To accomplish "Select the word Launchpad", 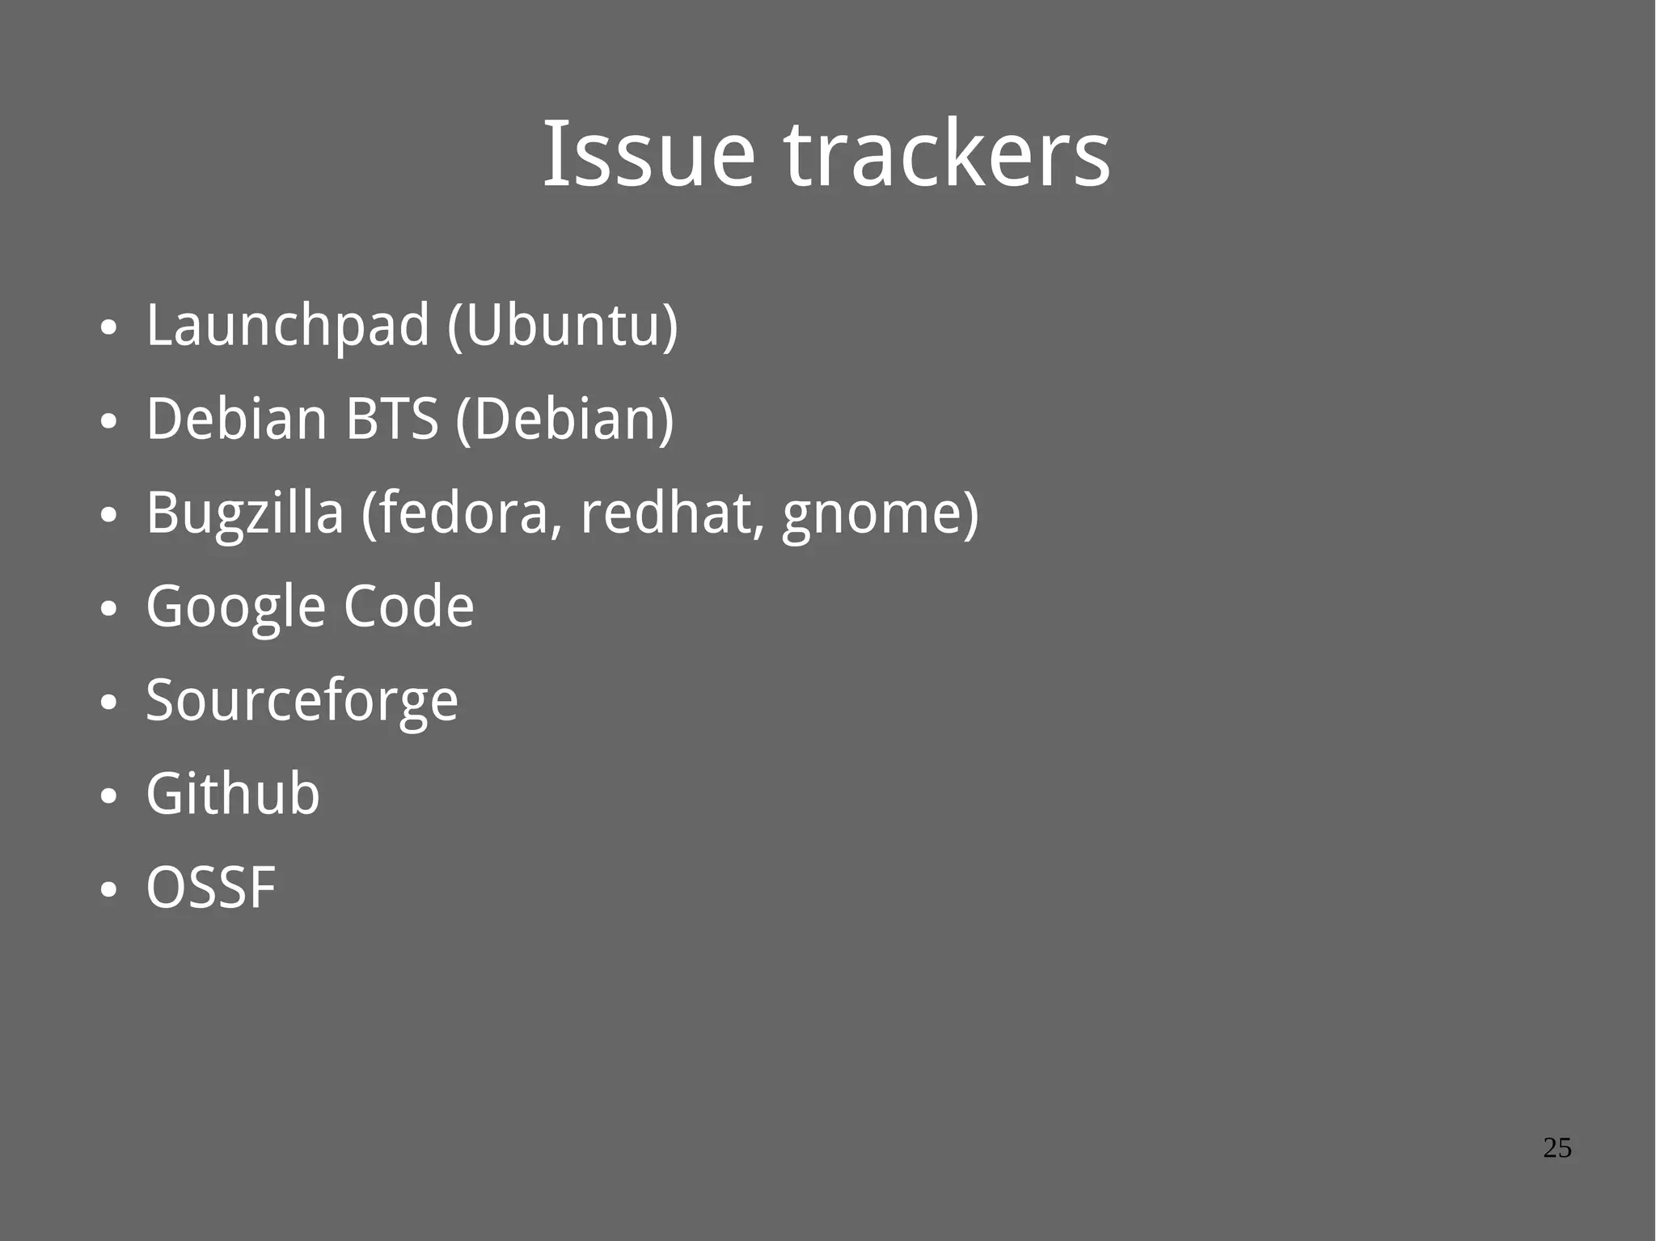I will [x=287, y=326].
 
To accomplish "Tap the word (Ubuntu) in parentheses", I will [x=563, y=326].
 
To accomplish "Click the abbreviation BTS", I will [x=391, y=419].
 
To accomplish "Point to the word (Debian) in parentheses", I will [x=564, y=419].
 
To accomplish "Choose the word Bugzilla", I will [x=244, y=513].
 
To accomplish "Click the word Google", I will [x=234, y=607].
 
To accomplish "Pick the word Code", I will [x=408, y=607].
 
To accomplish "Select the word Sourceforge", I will [x=302, y=701].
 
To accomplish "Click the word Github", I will [x=233, y=794].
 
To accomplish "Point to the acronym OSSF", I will [x=211, y=888].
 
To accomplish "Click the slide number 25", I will [x=1557, y=1148].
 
